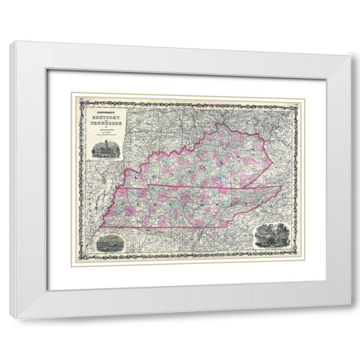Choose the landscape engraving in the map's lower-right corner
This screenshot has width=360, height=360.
click(x=271, y=234)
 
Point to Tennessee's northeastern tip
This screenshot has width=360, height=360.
click(x=284, y=187)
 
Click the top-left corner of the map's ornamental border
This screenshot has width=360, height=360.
click(x=73, y=95)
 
